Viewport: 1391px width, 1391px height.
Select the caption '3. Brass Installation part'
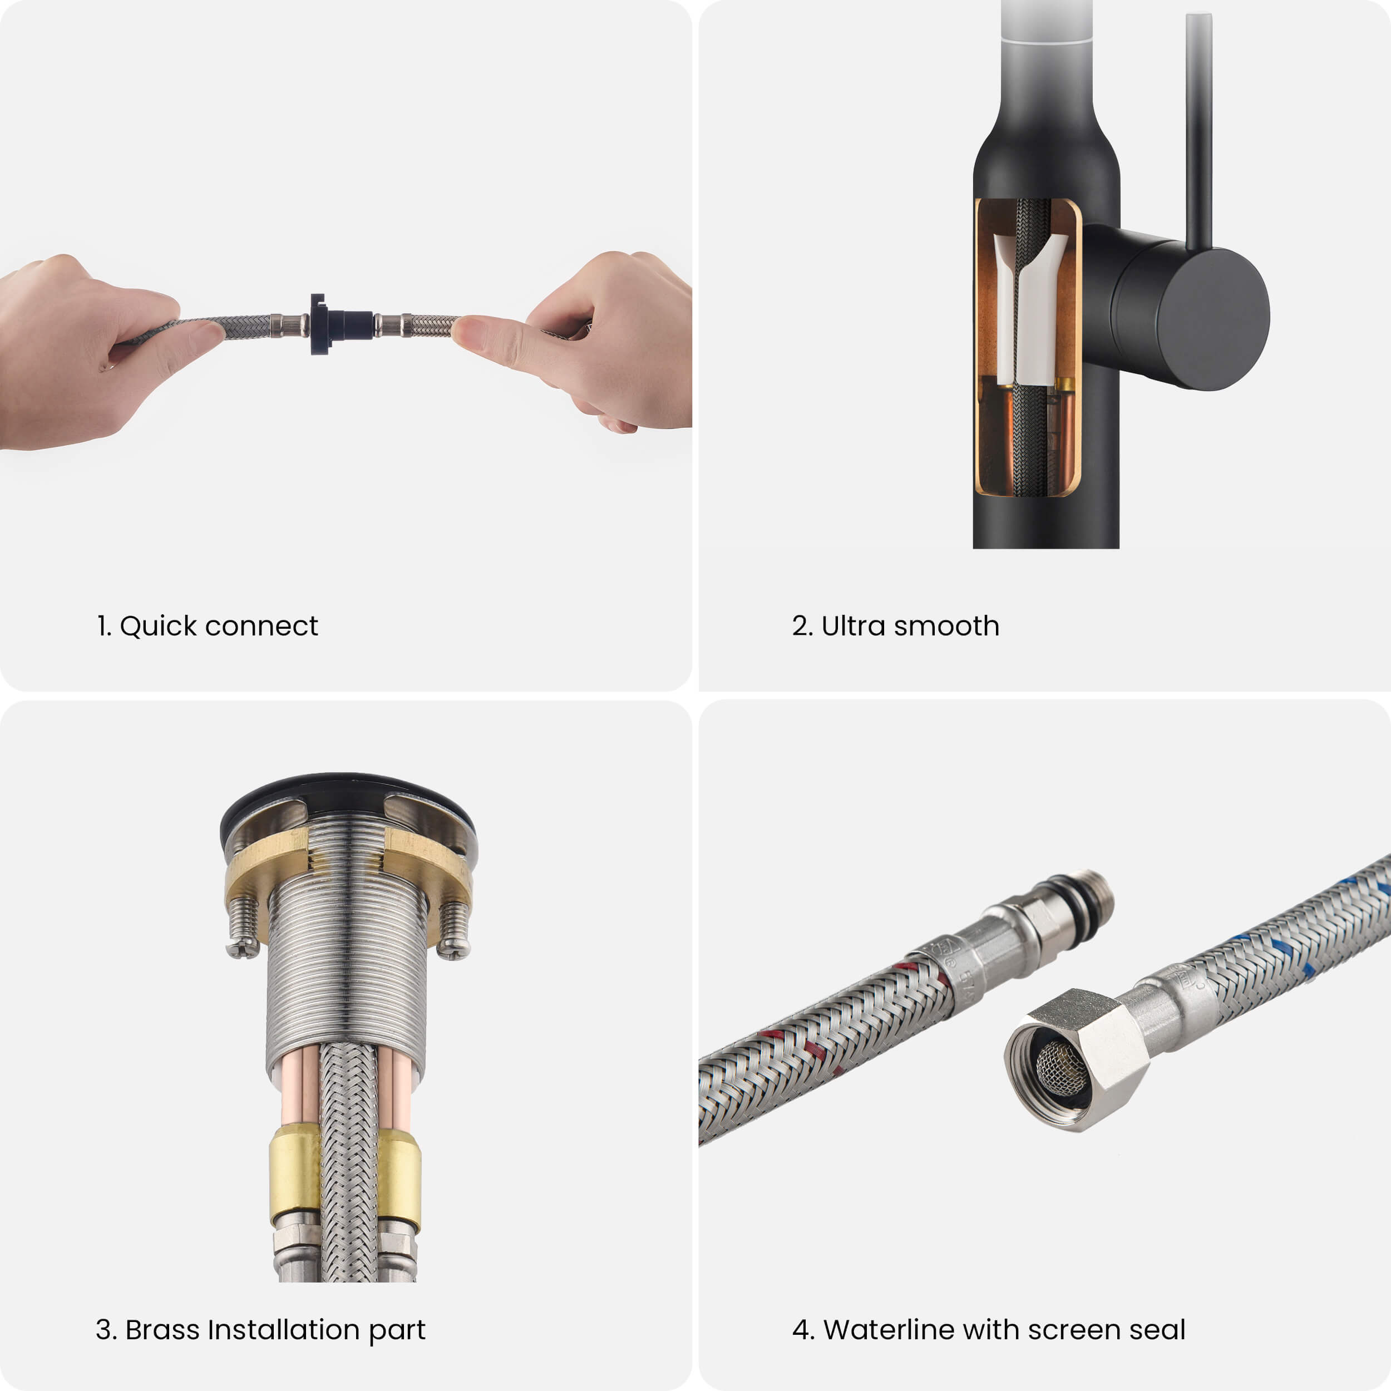pos(260,1330)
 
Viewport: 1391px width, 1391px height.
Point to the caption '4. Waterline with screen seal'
pos(989,1330)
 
